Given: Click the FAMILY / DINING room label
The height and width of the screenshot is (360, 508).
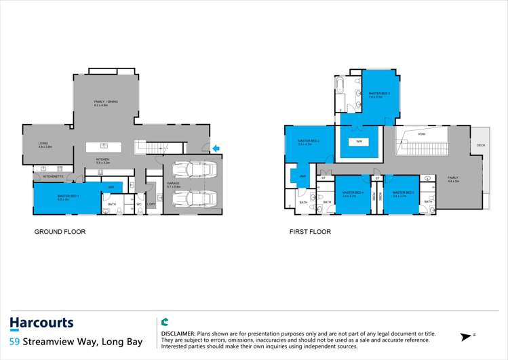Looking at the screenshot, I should click(x=106, y=102).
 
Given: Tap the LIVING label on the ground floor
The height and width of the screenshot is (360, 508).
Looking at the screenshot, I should click(x=45, y=144).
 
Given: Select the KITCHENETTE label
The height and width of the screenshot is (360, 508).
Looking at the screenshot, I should click(x=53, y=176).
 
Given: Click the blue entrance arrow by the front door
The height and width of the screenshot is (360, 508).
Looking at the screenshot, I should click(x=216, y=148).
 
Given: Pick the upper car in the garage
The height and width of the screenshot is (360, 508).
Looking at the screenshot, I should click(x=193, y=169).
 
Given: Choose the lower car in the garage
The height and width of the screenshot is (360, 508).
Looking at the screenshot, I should click(x=193, y=199).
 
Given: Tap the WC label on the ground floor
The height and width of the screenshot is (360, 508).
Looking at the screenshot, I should click(x=138, y=203).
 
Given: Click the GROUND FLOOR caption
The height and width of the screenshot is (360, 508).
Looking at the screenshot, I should click(x=60, y=232).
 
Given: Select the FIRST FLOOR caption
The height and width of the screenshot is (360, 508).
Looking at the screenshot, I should click(x=310, y=232).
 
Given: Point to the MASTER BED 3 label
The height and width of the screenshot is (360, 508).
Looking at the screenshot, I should click(x=375, y=94).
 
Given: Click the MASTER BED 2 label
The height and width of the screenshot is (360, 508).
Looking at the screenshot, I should click(x=309, y=141).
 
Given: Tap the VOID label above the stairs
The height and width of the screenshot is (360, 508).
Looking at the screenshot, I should click(x=422, y=134).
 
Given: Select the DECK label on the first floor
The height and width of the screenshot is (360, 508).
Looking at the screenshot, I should click(x=481, y=145).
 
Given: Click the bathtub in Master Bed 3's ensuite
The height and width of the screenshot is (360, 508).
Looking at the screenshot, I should click(x=340, y=86).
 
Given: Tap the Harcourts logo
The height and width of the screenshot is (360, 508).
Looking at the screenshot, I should click(x=42, y=323).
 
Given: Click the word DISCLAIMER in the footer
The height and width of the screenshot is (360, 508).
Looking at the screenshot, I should click(x=178, y=334).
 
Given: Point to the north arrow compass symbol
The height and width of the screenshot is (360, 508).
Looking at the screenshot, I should click(x=467, y=336).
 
